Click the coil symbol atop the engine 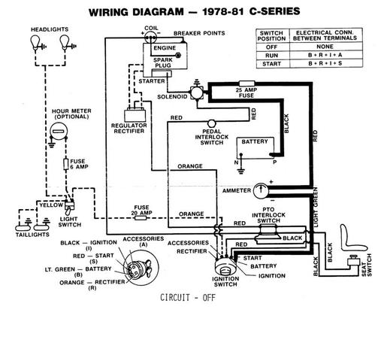pyautogui.click(x=150, y=38)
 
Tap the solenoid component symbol pyautogui.click(x=197, y=92)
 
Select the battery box pyautogui.click(x=255, y=148)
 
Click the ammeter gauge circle pyautogui.click(x=261, y=191)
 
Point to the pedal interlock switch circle pyautogui.click(x=212, y=123)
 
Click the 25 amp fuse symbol pyautogui.click(x=247, y=83)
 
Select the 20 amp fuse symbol pyautogui.click(x=141, y=218)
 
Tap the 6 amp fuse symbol pyautogui.click(x=66, y=164)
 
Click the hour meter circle pyautogui.click(x=59, y=131)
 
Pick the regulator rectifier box pyautogui.click(x=135, y=116)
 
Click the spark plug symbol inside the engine pyautogui.click(x=178, y=56)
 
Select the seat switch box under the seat pyautogui.click(x=353, y=261)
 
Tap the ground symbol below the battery pyautogui.click(x=241, y=171)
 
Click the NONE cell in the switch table pyautogui.click(x=325, y=47)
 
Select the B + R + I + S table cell pyautogui.click(x=325, y=63)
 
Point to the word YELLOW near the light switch pyautogui.click(x=51, y=205)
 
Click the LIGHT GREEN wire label pyautogui.click(x=316, y=208)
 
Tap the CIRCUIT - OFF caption pyautogui.click(x=188, y=298)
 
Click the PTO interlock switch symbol pyautogui.click(x=268, y=234)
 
